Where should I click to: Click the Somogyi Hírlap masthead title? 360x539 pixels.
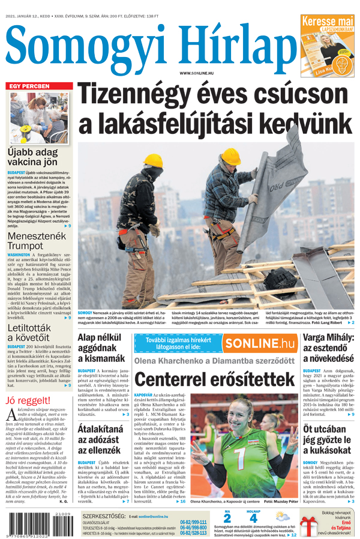(147, 45)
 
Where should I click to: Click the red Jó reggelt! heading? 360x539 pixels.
(28, 400)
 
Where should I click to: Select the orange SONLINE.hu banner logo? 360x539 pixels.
(259, 343)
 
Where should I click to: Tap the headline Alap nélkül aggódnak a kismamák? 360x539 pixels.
(101, 348)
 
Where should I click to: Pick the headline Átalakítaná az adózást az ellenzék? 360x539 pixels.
(100, 440)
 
